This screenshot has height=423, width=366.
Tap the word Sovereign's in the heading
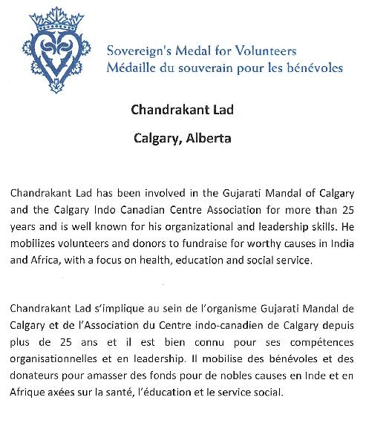(135, 52)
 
